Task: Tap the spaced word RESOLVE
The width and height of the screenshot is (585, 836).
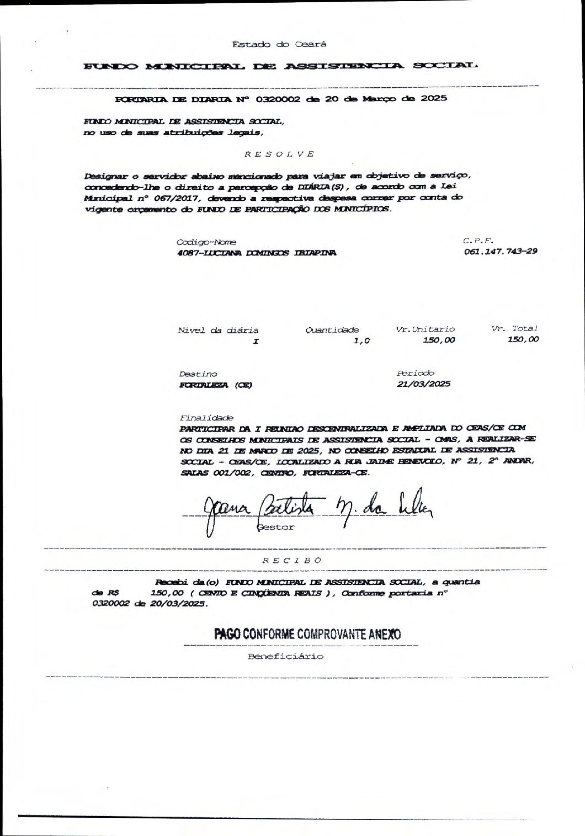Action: [x=279, y=153]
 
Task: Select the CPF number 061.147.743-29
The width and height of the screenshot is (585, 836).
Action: [x=501, y=252]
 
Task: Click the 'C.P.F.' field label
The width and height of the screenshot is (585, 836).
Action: [x=478, y=241]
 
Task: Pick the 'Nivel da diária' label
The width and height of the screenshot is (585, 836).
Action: [x=218, y=331]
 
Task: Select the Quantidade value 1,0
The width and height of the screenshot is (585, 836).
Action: [x=361, y=341]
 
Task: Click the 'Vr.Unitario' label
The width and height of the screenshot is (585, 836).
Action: [x=426, y=329]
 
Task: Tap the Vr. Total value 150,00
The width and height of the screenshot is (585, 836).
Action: [x=523, y=340]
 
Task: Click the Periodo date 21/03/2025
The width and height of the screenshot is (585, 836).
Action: [x=423, y=384]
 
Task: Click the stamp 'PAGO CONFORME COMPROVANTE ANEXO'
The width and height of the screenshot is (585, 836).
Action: [x=308, y=635]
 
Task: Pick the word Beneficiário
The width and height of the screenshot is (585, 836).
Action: [x=285, y=657]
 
